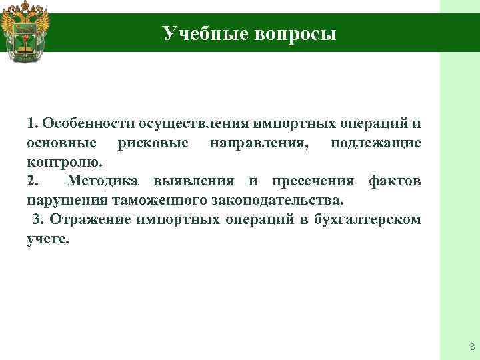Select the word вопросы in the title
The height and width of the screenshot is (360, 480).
[x=295, y=33]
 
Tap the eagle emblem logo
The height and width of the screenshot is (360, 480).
[x=25, y=31]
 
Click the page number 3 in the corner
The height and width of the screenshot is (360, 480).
[x=471, y=345]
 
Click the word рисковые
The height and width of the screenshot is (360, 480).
[x=153, y=143]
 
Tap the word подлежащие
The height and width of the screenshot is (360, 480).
[x=375, y=143]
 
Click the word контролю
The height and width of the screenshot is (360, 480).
[x=65, y=162]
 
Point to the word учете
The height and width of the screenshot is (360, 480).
[x=47, y=239]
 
